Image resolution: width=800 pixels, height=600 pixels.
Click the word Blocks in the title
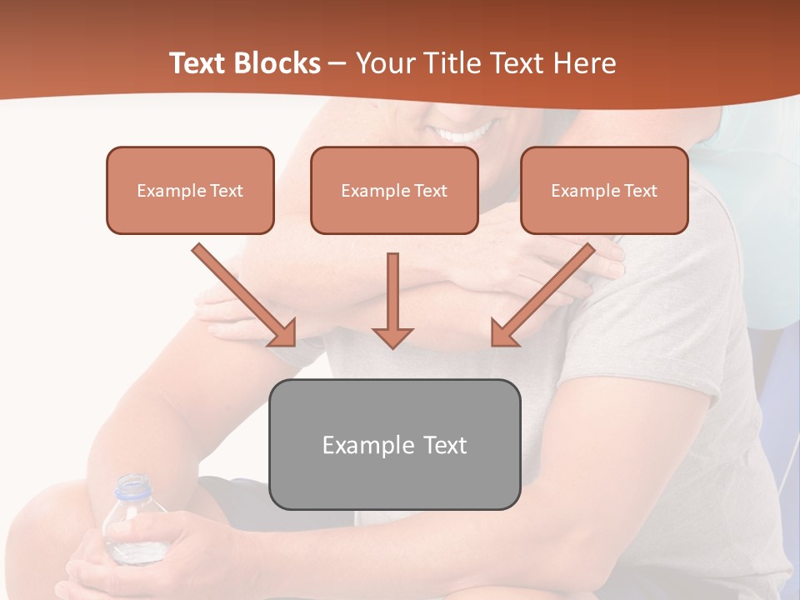pyautogui.click(x=279, y=63)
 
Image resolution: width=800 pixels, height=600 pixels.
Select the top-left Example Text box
pyautogui.click(x=190, y=190)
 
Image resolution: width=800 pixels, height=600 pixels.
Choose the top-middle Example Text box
pyautogui.click(x=394, y=190)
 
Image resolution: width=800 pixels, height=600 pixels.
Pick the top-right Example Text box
pyautogui.click(x=604, y=190)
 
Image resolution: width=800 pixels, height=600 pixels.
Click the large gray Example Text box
pyautogui.click(x=394, y=444)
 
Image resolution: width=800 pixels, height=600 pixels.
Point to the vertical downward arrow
pyautogui.click(x=392, y=300)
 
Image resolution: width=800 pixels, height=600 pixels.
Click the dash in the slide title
pyautogui.click(x=337, y=63)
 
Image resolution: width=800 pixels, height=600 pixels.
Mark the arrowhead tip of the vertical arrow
pyautogui.click(x=392, y=347)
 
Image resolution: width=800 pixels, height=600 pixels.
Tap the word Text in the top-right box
pyautogui.click(x=641, y=191)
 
